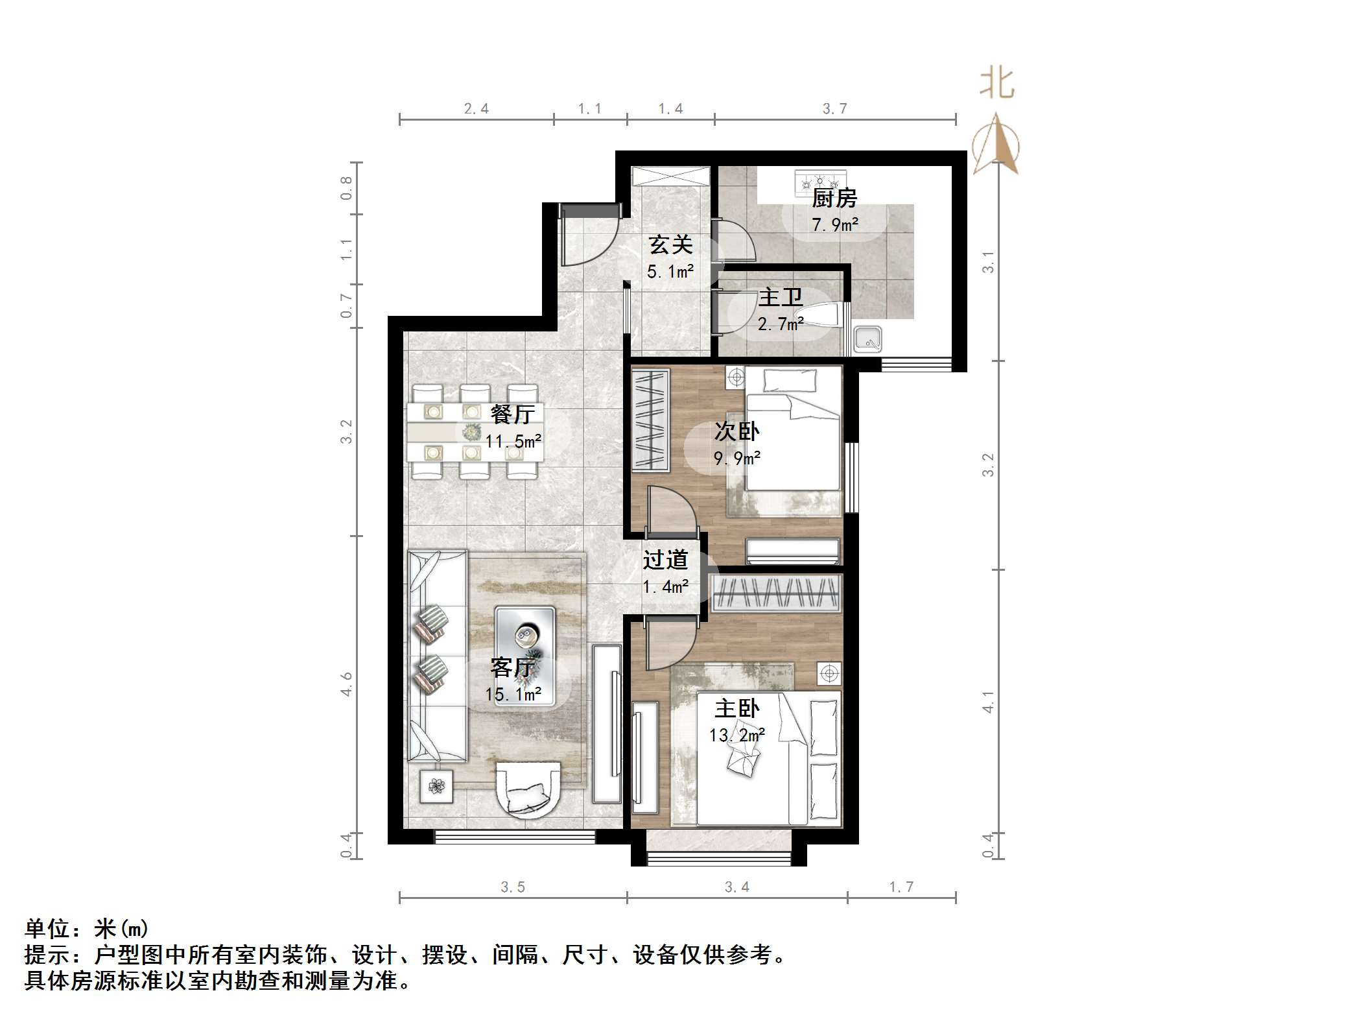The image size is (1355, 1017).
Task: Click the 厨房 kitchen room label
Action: click(x=834, y=198)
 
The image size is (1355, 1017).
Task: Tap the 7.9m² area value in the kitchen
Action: click(x=834, y=225)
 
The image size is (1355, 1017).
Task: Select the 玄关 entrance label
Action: click(x=670, y=245)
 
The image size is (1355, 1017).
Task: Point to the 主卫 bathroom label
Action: click(x=780, y=298)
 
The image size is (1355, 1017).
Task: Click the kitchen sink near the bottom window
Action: click(x=867, y=339)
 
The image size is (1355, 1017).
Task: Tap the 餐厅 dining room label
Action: click(x=512, y=413)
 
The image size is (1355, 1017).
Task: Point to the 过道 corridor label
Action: click(x=665, y=560)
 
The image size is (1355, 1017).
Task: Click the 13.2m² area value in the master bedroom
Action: click(x=736, y=735)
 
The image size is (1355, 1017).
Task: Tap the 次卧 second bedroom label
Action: click(x=736, y=431)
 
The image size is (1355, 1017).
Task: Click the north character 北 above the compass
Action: click(x=996, y=84)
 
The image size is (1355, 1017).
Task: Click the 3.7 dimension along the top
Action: click(x=834, y=109)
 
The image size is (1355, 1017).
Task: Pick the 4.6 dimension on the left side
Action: click(x=347, y=684)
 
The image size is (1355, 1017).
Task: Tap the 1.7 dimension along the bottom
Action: click(x=901, y=887)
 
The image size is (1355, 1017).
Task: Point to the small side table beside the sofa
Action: click(x=436, y=787)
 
